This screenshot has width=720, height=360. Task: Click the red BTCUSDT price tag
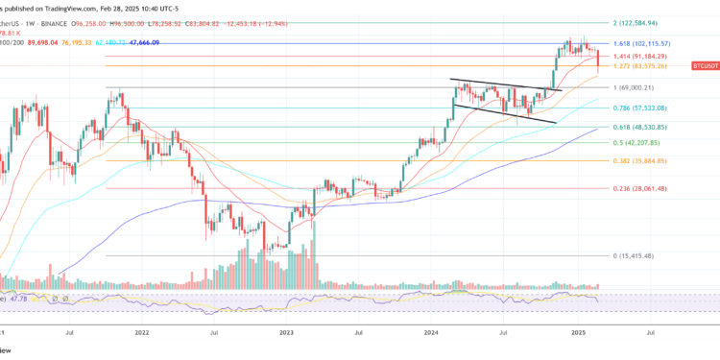(x=705, y=66)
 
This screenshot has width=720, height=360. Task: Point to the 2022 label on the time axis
(x=142, y=335)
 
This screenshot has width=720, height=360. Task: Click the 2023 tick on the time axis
(x=287, y=335)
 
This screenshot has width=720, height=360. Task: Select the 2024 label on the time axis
(x=431, y=335)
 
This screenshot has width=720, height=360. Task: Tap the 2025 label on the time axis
(x=577, y=335)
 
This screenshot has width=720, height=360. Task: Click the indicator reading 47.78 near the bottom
(x=19, y=299)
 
